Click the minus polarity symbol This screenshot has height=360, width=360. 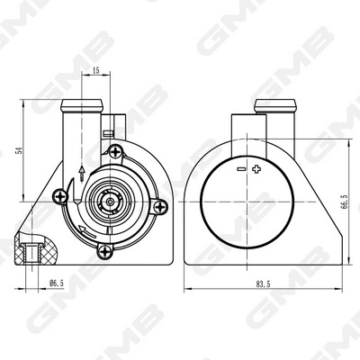[239, 169]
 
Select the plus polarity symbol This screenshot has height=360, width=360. [256, 169]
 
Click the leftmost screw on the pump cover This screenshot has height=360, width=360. [61, 193]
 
